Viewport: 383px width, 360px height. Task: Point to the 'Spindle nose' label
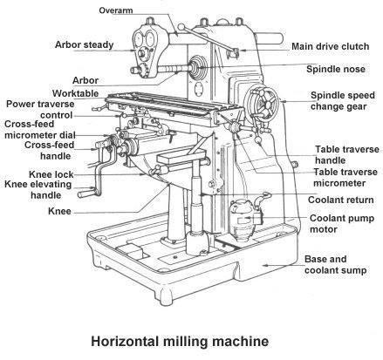[336, 69]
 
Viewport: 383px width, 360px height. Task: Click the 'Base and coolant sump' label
[340, 265]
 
